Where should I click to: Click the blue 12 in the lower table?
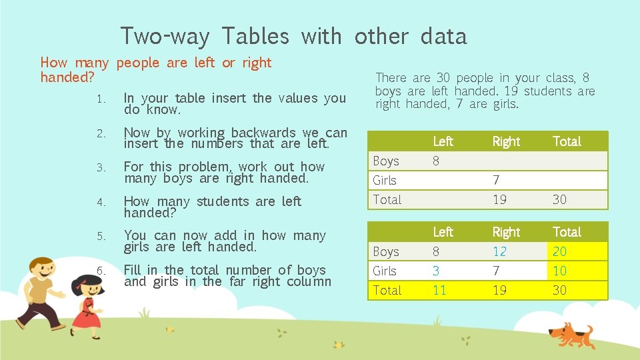click(499, 251)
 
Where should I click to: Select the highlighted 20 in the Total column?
click(559, 251)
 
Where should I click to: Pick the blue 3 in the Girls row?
click(436, 271)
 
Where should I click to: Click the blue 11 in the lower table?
click(439, 290)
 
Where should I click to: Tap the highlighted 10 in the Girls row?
click(559, 271)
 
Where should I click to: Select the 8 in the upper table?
click(436, 161)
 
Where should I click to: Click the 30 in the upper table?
click(559, 199)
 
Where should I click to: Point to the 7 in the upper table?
click(496, 180)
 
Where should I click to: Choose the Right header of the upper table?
click(506, 141)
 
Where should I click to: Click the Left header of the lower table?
click(443, 232)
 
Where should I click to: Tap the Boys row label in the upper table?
click(386, 161)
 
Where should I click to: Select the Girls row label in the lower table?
click(385, 271)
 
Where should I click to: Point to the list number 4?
click(100, 202)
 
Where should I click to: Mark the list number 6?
click(100, 271)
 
